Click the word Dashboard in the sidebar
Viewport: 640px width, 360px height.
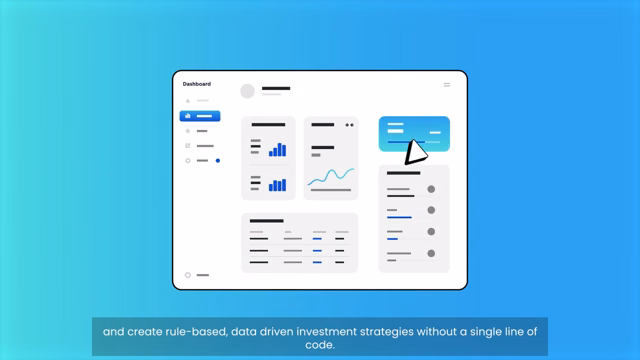coord(197,84)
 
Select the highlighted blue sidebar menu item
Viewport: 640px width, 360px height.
coord(200,116)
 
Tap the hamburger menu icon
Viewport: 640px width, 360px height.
coord(447,85)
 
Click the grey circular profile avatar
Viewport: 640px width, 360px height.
coord(247,91)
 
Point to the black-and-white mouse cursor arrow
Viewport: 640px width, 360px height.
coord(416,152)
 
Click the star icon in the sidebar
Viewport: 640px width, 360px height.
coord(188,131)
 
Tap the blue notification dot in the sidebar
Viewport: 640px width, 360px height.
coord(218,160)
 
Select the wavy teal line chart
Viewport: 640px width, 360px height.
coord(331,176)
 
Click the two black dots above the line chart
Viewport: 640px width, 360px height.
coord(350,125)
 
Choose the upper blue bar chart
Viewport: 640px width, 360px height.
coord(278,150)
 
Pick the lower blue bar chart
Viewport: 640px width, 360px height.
coord(278,185)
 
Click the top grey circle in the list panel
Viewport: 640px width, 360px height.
coord(431,189)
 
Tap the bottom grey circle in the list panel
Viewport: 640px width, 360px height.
coord(431,253)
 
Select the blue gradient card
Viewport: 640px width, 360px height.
coord(414,134)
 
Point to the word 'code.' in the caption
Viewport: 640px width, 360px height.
coord(320,345)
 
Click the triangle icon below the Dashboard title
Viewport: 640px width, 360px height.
coord(188,101)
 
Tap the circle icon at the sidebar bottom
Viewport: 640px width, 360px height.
coord(188,275)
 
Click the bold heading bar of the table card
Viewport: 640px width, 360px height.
coord(267,221)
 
